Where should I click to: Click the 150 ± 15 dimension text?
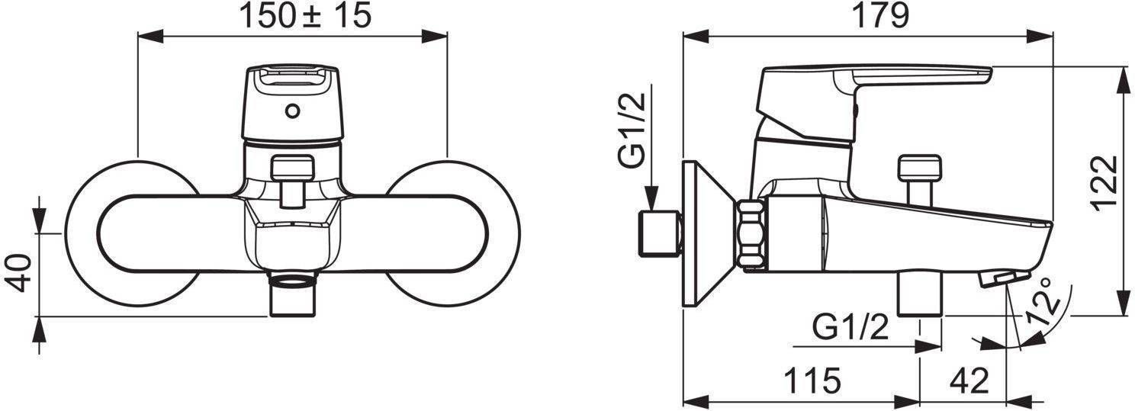coord(305,16)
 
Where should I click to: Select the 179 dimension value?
coord(880,16)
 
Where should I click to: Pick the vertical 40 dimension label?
coord(18,274)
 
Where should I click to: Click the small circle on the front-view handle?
coord(292,111)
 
